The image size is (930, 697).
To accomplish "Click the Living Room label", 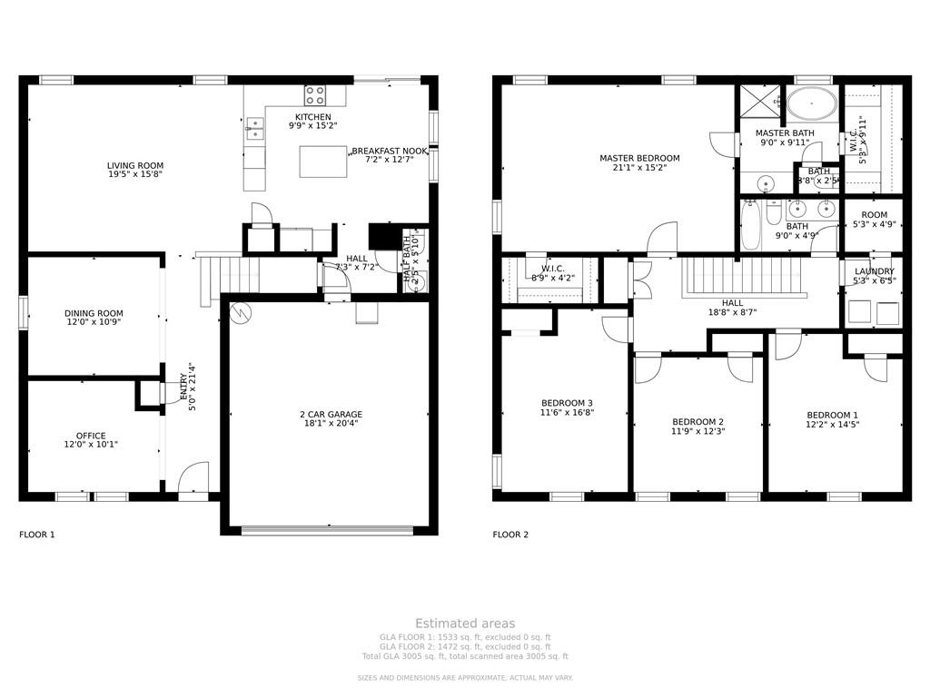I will pyautogui.click(x=135, y=166).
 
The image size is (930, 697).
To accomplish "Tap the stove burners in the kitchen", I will pyautogui.click(x=314, y=94).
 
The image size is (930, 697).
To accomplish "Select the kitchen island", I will pyautogui.click(x=323, y=161).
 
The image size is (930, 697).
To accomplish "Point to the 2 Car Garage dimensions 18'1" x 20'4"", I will pyautogui.click(x=331, y=423).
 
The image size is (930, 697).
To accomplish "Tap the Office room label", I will pyautogui.click(x=91, y=436).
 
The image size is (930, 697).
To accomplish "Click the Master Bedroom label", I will pyautogui.click(x=639, y=158).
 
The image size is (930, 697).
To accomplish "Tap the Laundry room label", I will pyautogui.click(x=874, y=271).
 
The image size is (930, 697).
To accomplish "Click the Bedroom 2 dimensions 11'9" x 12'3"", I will pyautogui.click(x=697, y=431).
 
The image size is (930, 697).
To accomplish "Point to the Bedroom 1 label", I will pyautogui.click(x=832, y=416).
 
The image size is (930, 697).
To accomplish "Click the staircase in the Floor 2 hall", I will pyautogui.click(x=744, y=274).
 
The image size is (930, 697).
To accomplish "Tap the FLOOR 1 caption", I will pyautogui.click(x=37, y=535).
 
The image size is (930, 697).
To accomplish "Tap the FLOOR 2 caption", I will pyautogui.click(x=510, y=535).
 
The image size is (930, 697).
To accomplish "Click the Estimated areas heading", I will pyautogui.click(x=465, y=623).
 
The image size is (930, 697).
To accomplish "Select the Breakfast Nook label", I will pyautogui.click(x=390, y=151).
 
